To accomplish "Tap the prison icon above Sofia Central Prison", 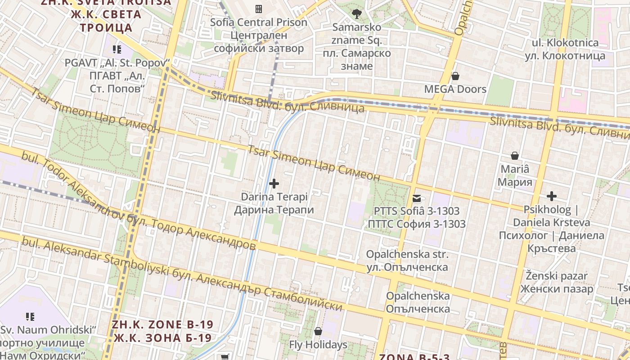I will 259,9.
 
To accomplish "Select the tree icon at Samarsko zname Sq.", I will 357,13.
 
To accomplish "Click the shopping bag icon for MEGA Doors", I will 455,76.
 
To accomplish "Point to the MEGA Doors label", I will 455,89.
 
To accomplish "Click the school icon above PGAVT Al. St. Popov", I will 117,49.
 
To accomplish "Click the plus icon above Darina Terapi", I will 274,183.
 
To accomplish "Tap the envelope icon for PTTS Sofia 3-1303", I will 417,198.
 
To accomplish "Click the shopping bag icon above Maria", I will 515,156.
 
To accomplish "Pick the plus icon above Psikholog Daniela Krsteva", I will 552,196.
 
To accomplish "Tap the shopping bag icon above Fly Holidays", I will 318,331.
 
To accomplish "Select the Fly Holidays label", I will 318,345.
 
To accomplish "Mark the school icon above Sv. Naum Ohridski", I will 30,317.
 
